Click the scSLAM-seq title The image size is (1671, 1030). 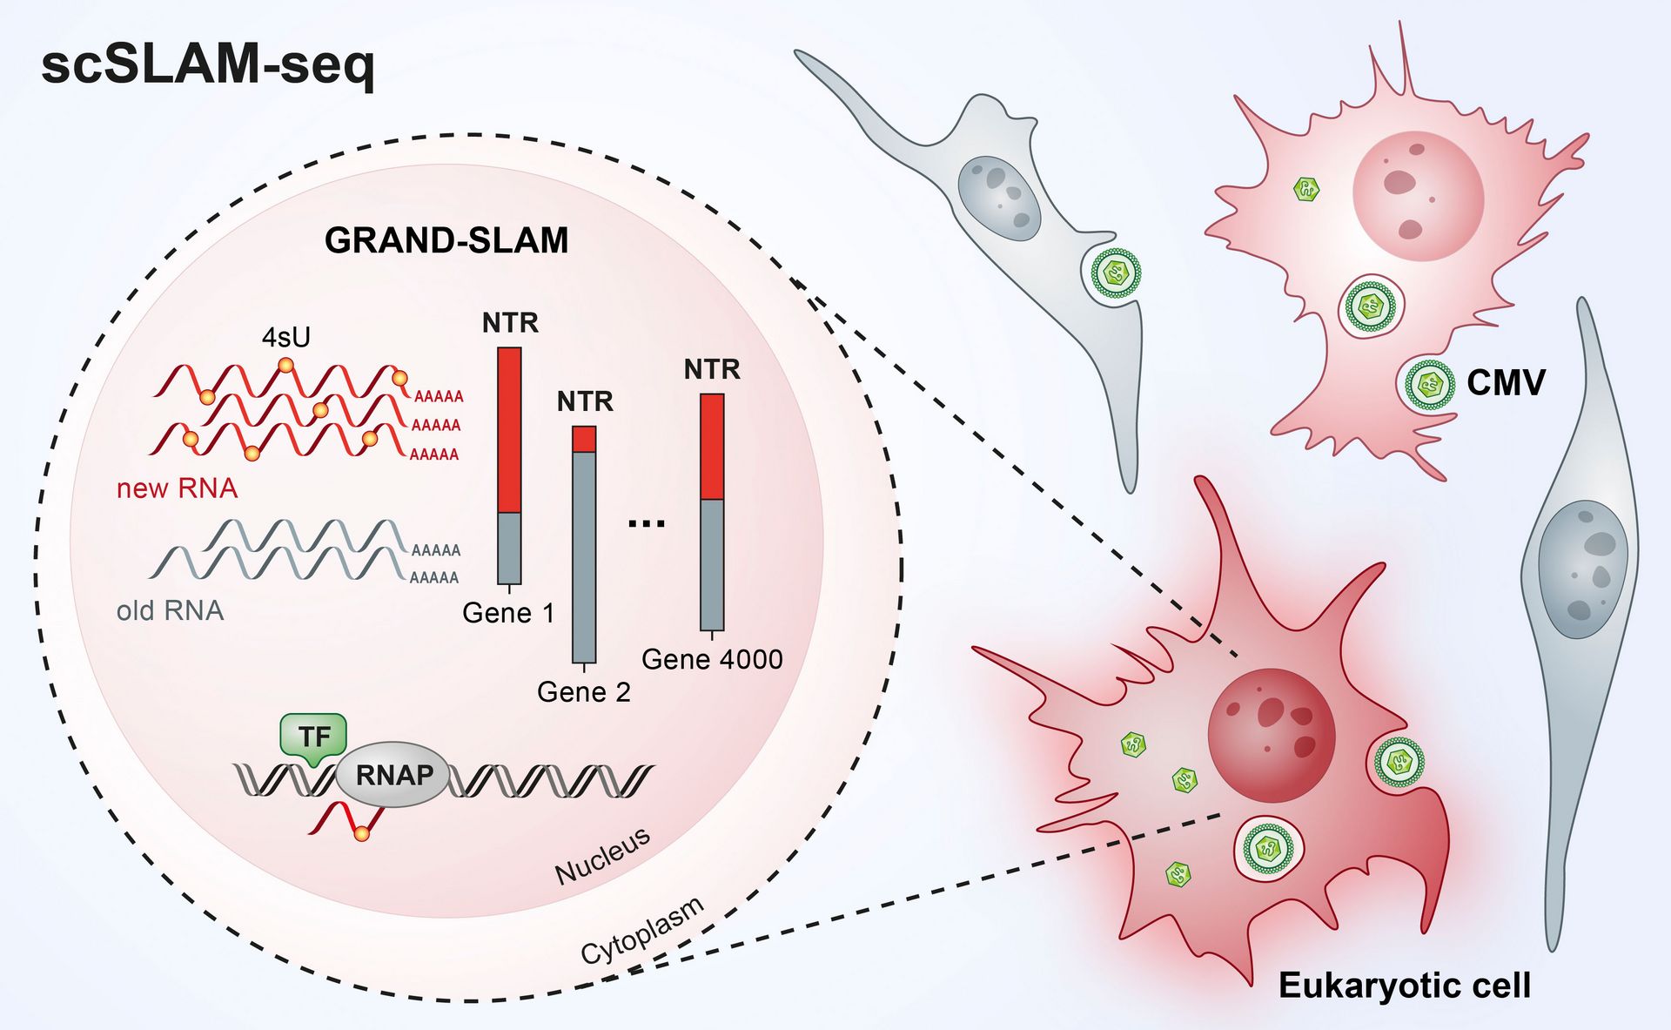pos(208,66)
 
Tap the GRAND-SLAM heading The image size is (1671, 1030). pos(446,240)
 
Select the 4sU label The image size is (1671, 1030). pos(286,338)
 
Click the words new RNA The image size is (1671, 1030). pos(178,488)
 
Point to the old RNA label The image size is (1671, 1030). pos(171,610)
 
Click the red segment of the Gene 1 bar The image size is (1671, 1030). pos(509,430)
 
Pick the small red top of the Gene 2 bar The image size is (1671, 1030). pos(584,439)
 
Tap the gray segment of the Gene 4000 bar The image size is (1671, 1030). pos(712,564)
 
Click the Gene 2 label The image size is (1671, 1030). pos(584,692)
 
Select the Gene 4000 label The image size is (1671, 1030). pos(712,659)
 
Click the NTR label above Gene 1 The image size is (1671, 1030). pos(510,323)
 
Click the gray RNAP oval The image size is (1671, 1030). pos(393,774)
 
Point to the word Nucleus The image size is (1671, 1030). pos(603,855)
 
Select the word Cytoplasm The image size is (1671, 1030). pos(642,930)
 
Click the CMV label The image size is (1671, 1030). pos(1506,383)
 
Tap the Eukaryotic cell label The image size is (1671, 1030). pos(1405,986)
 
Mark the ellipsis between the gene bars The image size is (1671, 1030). pos(647,523)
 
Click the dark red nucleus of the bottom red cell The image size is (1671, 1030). pos(1272,736)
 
